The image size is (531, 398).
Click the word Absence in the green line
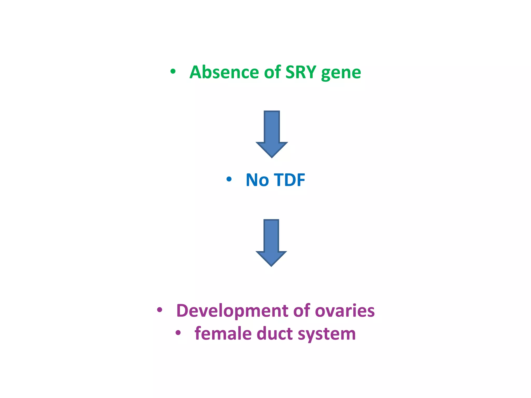(224, 72)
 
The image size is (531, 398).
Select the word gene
(341, 73)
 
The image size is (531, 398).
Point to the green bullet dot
(173, 71)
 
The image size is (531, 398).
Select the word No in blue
(257, 180)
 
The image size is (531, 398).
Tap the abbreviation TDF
(289, 180)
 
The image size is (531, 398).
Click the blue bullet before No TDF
(229, 179)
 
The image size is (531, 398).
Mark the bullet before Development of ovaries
(160, 310)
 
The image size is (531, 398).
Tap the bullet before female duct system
(178, 333)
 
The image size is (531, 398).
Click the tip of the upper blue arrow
(272, 157)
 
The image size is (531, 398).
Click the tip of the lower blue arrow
(271, 265)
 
